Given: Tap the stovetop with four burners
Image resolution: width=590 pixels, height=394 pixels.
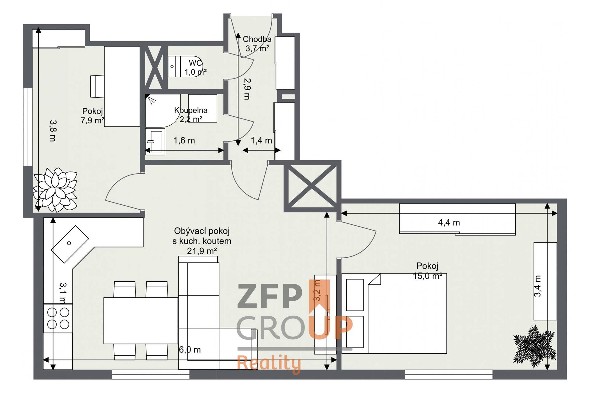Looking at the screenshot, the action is click(x=58, y=318).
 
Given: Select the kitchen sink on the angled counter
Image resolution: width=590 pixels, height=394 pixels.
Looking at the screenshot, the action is click(x=70, y=244).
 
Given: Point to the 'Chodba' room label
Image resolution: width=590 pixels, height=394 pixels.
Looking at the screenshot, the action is click(x=257, y=39).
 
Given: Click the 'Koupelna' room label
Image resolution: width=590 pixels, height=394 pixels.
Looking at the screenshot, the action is click(x=191, y=110).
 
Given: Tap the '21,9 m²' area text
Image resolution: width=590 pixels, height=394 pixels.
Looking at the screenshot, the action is click(x=202, y=251).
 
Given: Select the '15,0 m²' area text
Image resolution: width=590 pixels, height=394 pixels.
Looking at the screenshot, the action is click(x=427, y=276).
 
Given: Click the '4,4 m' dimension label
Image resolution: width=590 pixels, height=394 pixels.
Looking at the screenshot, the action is click(x=449, y=222).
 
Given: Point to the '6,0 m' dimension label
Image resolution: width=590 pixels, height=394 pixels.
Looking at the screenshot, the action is click(x=190, y=349).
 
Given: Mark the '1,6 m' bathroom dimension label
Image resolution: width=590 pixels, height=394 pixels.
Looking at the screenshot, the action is click(x=184, y=140).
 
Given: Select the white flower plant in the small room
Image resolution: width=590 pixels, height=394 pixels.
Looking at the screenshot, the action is click(x=55, y=190).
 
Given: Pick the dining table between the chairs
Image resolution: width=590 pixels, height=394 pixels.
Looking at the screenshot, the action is click(x=141, y=320).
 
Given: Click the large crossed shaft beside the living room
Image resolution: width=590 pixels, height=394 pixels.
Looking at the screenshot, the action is click(x=312, y=186).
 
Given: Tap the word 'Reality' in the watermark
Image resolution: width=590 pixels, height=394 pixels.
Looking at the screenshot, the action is click(x=269, y=364).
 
